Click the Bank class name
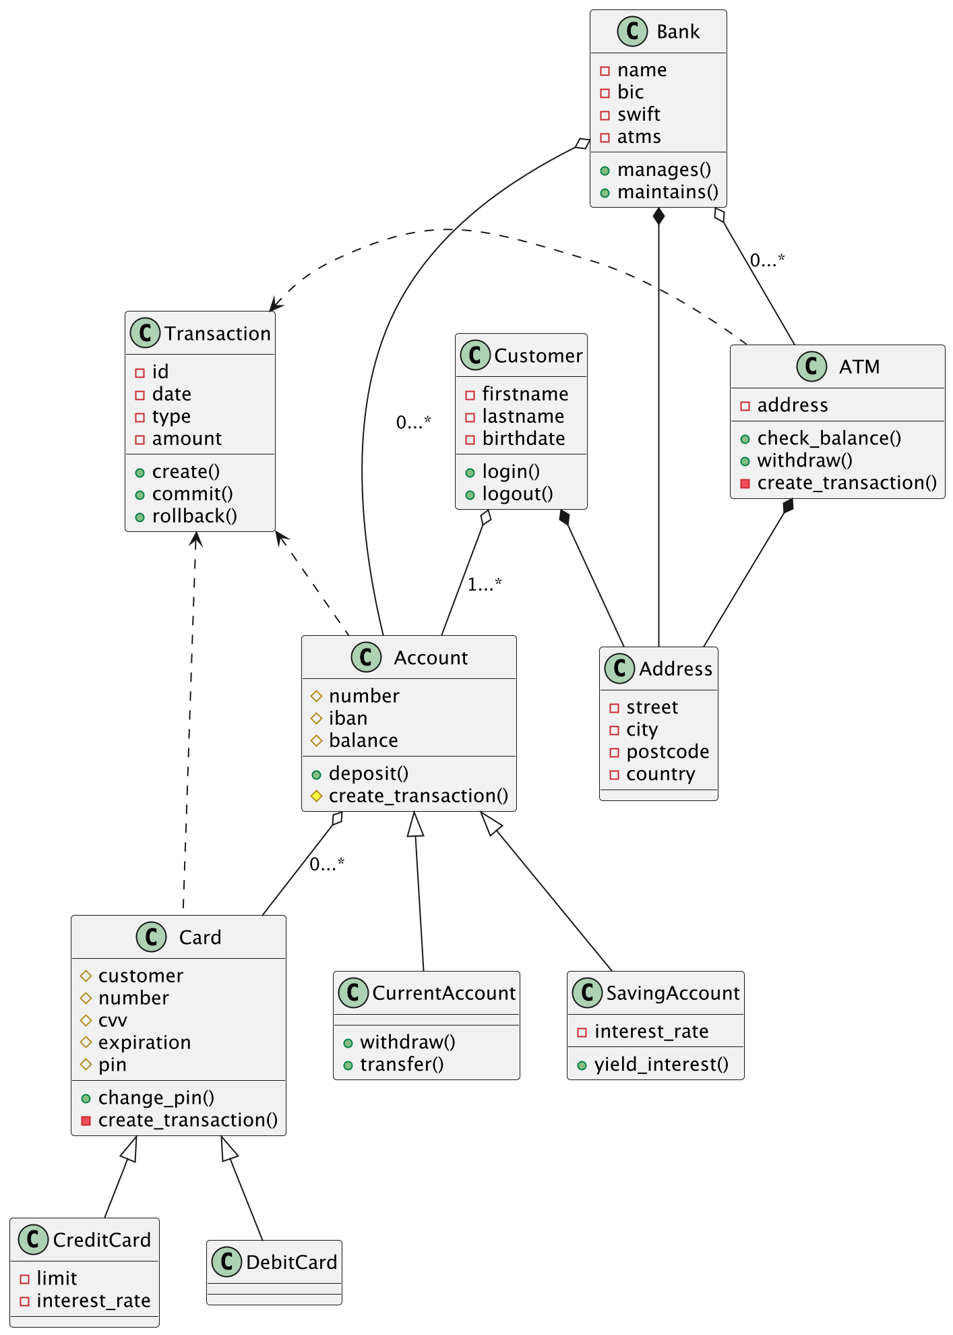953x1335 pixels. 677,32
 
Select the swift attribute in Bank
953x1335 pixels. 638,115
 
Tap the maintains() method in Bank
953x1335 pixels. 667,192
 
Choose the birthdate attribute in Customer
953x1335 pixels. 523,439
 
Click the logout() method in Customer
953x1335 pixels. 517,494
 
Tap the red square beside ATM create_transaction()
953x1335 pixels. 745,483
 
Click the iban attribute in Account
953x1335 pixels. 348,719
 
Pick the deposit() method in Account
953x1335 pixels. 368,774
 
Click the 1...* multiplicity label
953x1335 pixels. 485,585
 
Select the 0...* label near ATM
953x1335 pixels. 767,260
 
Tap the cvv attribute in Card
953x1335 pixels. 113,1021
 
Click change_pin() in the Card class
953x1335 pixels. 156,1098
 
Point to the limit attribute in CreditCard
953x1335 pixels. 57,1279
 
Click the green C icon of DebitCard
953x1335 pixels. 226,1262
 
